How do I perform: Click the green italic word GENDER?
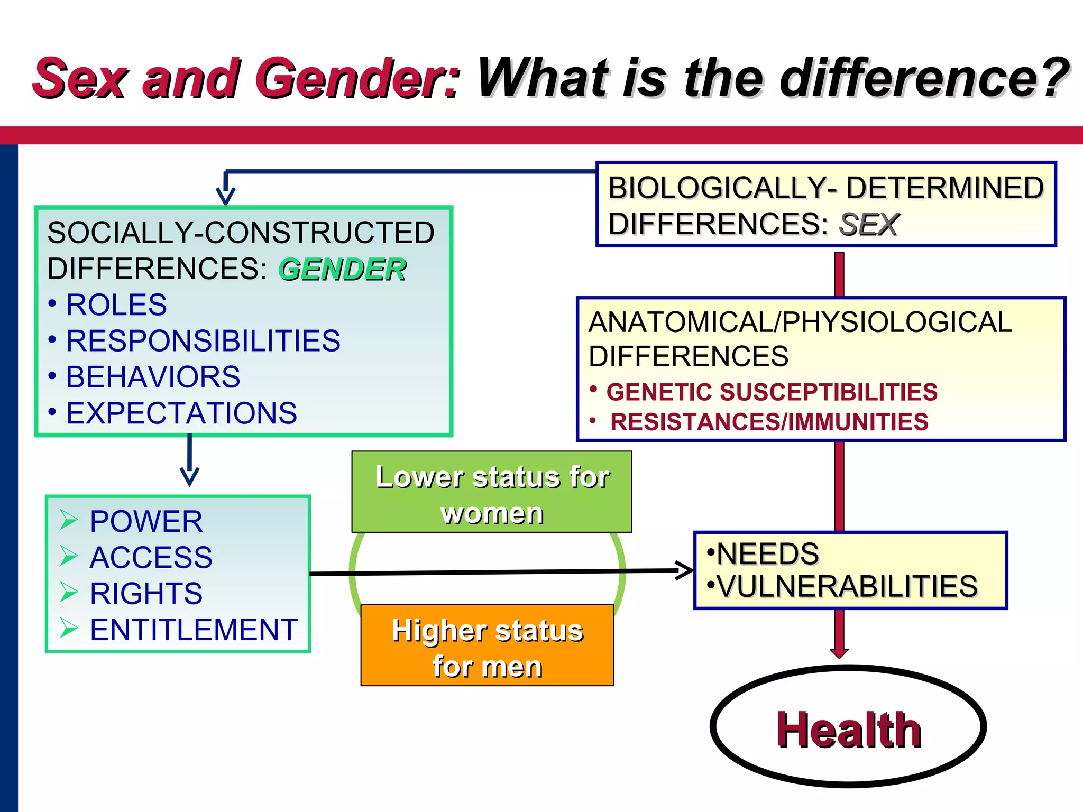[342, 270]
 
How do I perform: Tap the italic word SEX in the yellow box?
[868, 225]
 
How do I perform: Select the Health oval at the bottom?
[848, 727]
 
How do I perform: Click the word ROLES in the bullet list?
[116, 305]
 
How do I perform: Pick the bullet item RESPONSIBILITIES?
[203, 341]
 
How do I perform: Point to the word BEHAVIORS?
[153, 377]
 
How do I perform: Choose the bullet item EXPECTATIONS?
[181, 413]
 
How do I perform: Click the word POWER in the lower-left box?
[146, 521]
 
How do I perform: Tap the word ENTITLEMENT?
[194, 630]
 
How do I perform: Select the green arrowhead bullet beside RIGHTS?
[69, 592]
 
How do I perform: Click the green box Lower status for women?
[492, 492]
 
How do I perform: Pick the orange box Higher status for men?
[487, 645]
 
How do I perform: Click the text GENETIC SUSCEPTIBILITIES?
[772, 392]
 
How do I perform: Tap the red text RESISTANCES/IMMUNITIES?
[769, 422]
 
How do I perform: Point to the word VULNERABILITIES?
[848, 586]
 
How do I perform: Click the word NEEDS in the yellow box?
[767, 553]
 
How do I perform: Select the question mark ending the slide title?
[1054, 78]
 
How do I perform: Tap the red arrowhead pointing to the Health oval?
[839, 652]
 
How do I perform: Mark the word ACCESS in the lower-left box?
[151, 557]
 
